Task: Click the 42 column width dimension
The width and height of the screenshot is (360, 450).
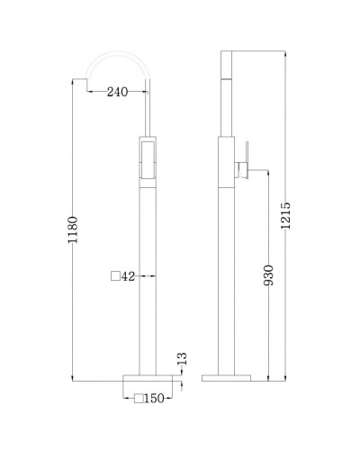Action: point(129,277)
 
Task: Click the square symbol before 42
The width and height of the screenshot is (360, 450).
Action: point(115,277)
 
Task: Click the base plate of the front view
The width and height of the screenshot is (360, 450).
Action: point(148,373)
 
